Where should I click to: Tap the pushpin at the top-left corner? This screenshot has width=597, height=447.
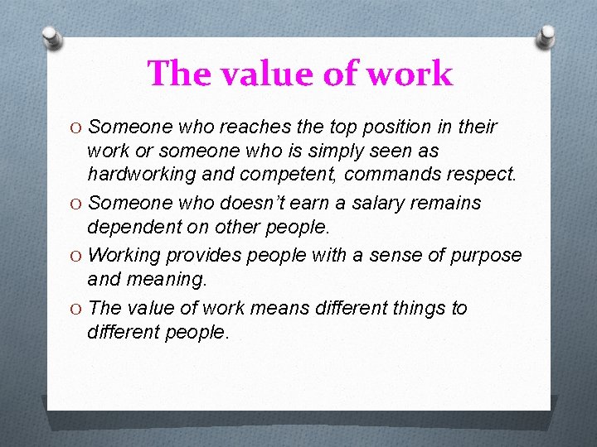[52, 38]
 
